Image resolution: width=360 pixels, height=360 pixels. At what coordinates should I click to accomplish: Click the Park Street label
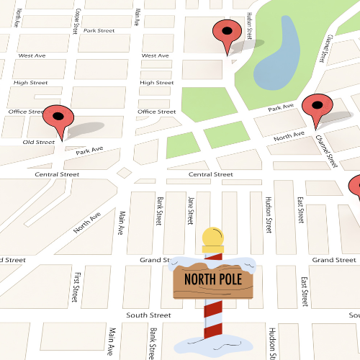99,30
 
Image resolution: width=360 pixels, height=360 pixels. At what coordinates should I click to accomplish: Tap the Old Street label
39,142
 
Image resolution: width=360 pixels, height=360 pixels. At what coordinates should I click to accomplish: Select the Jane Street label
190,210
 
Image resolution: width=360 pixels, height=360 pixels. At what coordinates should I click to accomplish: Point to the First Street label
76,286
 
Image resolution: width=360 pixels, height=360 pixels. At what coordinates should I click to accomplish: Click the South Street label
148,315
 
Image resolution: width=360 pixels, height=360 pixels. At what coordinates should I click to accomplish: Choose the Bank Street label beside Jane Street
158,210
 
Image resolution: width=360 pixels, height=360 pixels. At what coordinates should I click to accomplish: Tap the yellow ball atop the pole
212,237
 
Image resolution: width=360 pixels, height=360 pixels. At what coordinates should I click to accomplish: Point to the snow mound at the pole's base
213,344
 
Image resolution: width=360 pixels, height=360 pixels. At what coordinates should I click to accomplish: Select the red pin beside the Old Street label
58,117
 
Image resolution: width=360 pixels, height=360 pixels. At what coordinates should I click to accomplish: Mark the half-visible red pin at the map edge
355,186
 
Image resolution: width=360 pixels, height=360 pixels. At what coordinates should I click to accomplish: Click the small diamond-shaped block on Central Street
125,173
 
